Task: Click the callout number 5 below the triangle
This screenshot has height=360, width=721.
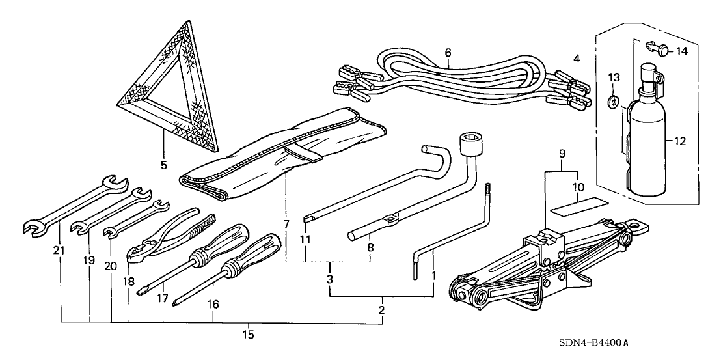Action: pos(164,165)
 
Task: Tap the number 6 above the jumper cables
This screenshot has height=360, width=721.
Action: pos(448,53)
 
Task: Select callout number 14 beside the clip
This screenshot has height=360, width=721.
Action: pos(681,51)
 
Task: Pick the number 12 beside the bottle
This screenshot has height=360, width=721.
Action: pos(679,142)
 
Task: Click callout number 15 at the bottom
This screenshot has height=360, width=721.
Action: pos(248,335)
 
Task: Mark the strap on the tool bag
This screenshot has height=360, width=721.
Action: pos(303,154)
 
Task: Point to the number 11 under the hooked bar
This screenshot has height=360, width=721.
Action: pos(305,240)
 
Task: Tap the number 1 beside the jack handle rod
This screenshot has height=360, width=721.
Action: pos(433,276)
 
